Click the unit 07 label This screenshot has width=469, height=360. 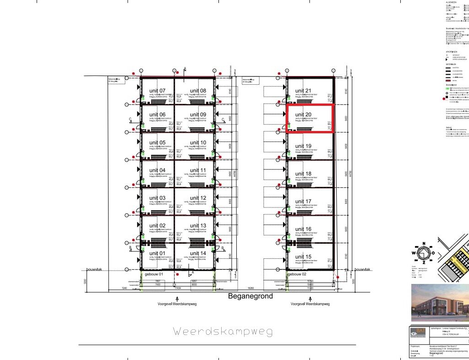tap(158, 91)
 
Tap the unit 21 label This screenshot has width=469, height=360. tap(303, 91)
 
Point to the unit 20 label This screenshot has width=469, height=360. tap(303, 115)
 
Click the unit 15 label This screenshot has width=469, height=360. tap(303, 256)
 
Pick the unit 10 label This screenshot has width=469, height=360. tap(198, 142)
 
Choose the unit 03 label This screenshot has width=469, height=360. tap(158, 198)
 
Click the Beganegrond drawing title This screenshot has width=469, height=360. tap(251, 296)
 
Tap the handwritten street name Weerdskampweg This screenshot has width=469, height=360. tap(223, 331)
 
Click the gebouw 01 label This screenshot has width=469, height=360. tap(154, 274)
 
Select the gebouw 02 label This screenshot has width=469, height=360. tap(297, 274)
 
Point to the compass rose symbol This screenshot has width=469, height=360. tap(424, 252)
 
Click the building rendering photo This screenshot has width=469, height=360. tap(440, 302)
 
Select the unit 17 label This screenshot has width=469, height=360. tap(303, 202)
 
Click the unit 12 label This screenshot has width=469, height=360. tap(198, 198)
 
